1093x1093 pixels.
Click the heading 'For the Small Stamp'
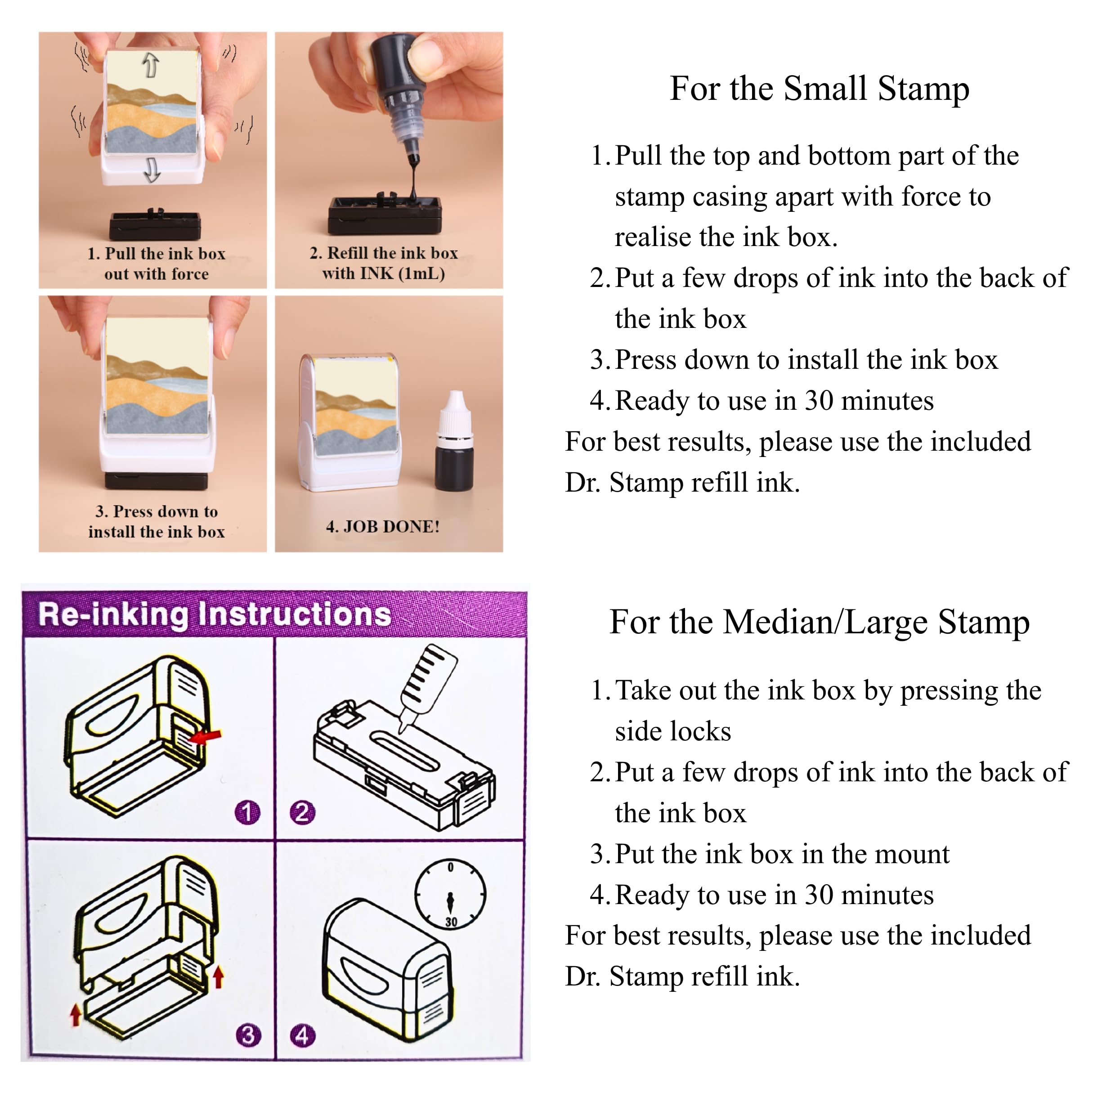pyautogui.click(x=819, y=89)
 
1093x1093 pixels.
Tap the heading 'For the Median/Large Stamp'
pyautogui.click(x=819, y=623)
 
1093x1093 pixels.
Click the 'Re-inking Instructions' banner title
pyautogui.click(x=215, y=614)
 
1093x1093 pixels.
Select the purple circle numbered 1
pyautogui.click(x=247, y=813)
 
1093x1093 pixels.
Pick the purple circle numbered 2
pyautogui.click(x=302, y=813)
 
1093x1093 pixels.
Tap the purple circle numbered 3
pyautogui.click(x=248, y=1036)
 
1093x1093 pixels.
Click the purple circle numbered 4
pyautogui.click(x=302, y=1036)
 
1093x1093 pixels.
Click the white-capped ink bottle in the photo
pyautogui.click(x=454, y=441)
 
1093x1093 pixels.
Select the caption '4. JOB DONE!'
pyautogui.click(x=383, y=527)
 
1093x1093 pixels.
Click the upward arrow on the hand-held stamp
pyautogui.click(x=150, y=64)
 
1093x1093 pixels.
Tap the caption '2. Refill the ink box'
pyautogui.click(x=384, y=253)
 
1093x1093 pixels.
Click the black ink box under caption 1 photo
pyautogui.click(x=154, y=224)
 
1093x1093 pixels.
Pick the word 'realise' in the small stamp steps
pyautogui.click(x=653, y=237)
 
